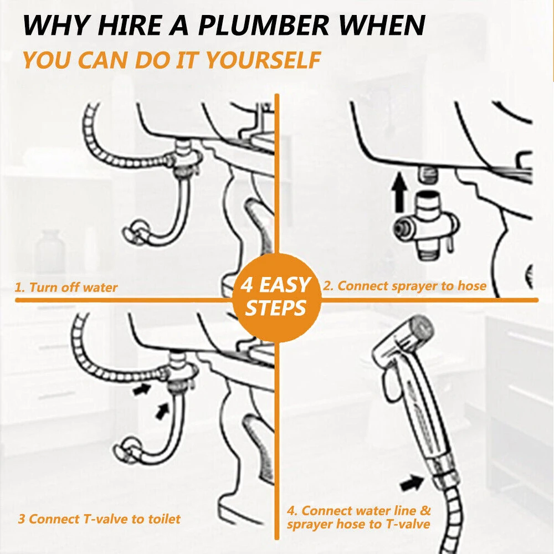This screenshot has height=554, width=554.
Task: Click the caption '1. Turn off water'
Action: tap(66, 288)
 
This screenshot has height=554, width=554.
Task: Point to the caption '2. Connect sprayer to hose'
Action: tap(404, 286)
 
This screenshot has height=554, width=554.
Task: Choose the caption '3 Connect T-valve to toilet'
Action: tap(99, 519)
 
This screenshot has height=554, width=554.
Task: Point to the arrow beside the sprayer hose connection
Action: tap(411, 483)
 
